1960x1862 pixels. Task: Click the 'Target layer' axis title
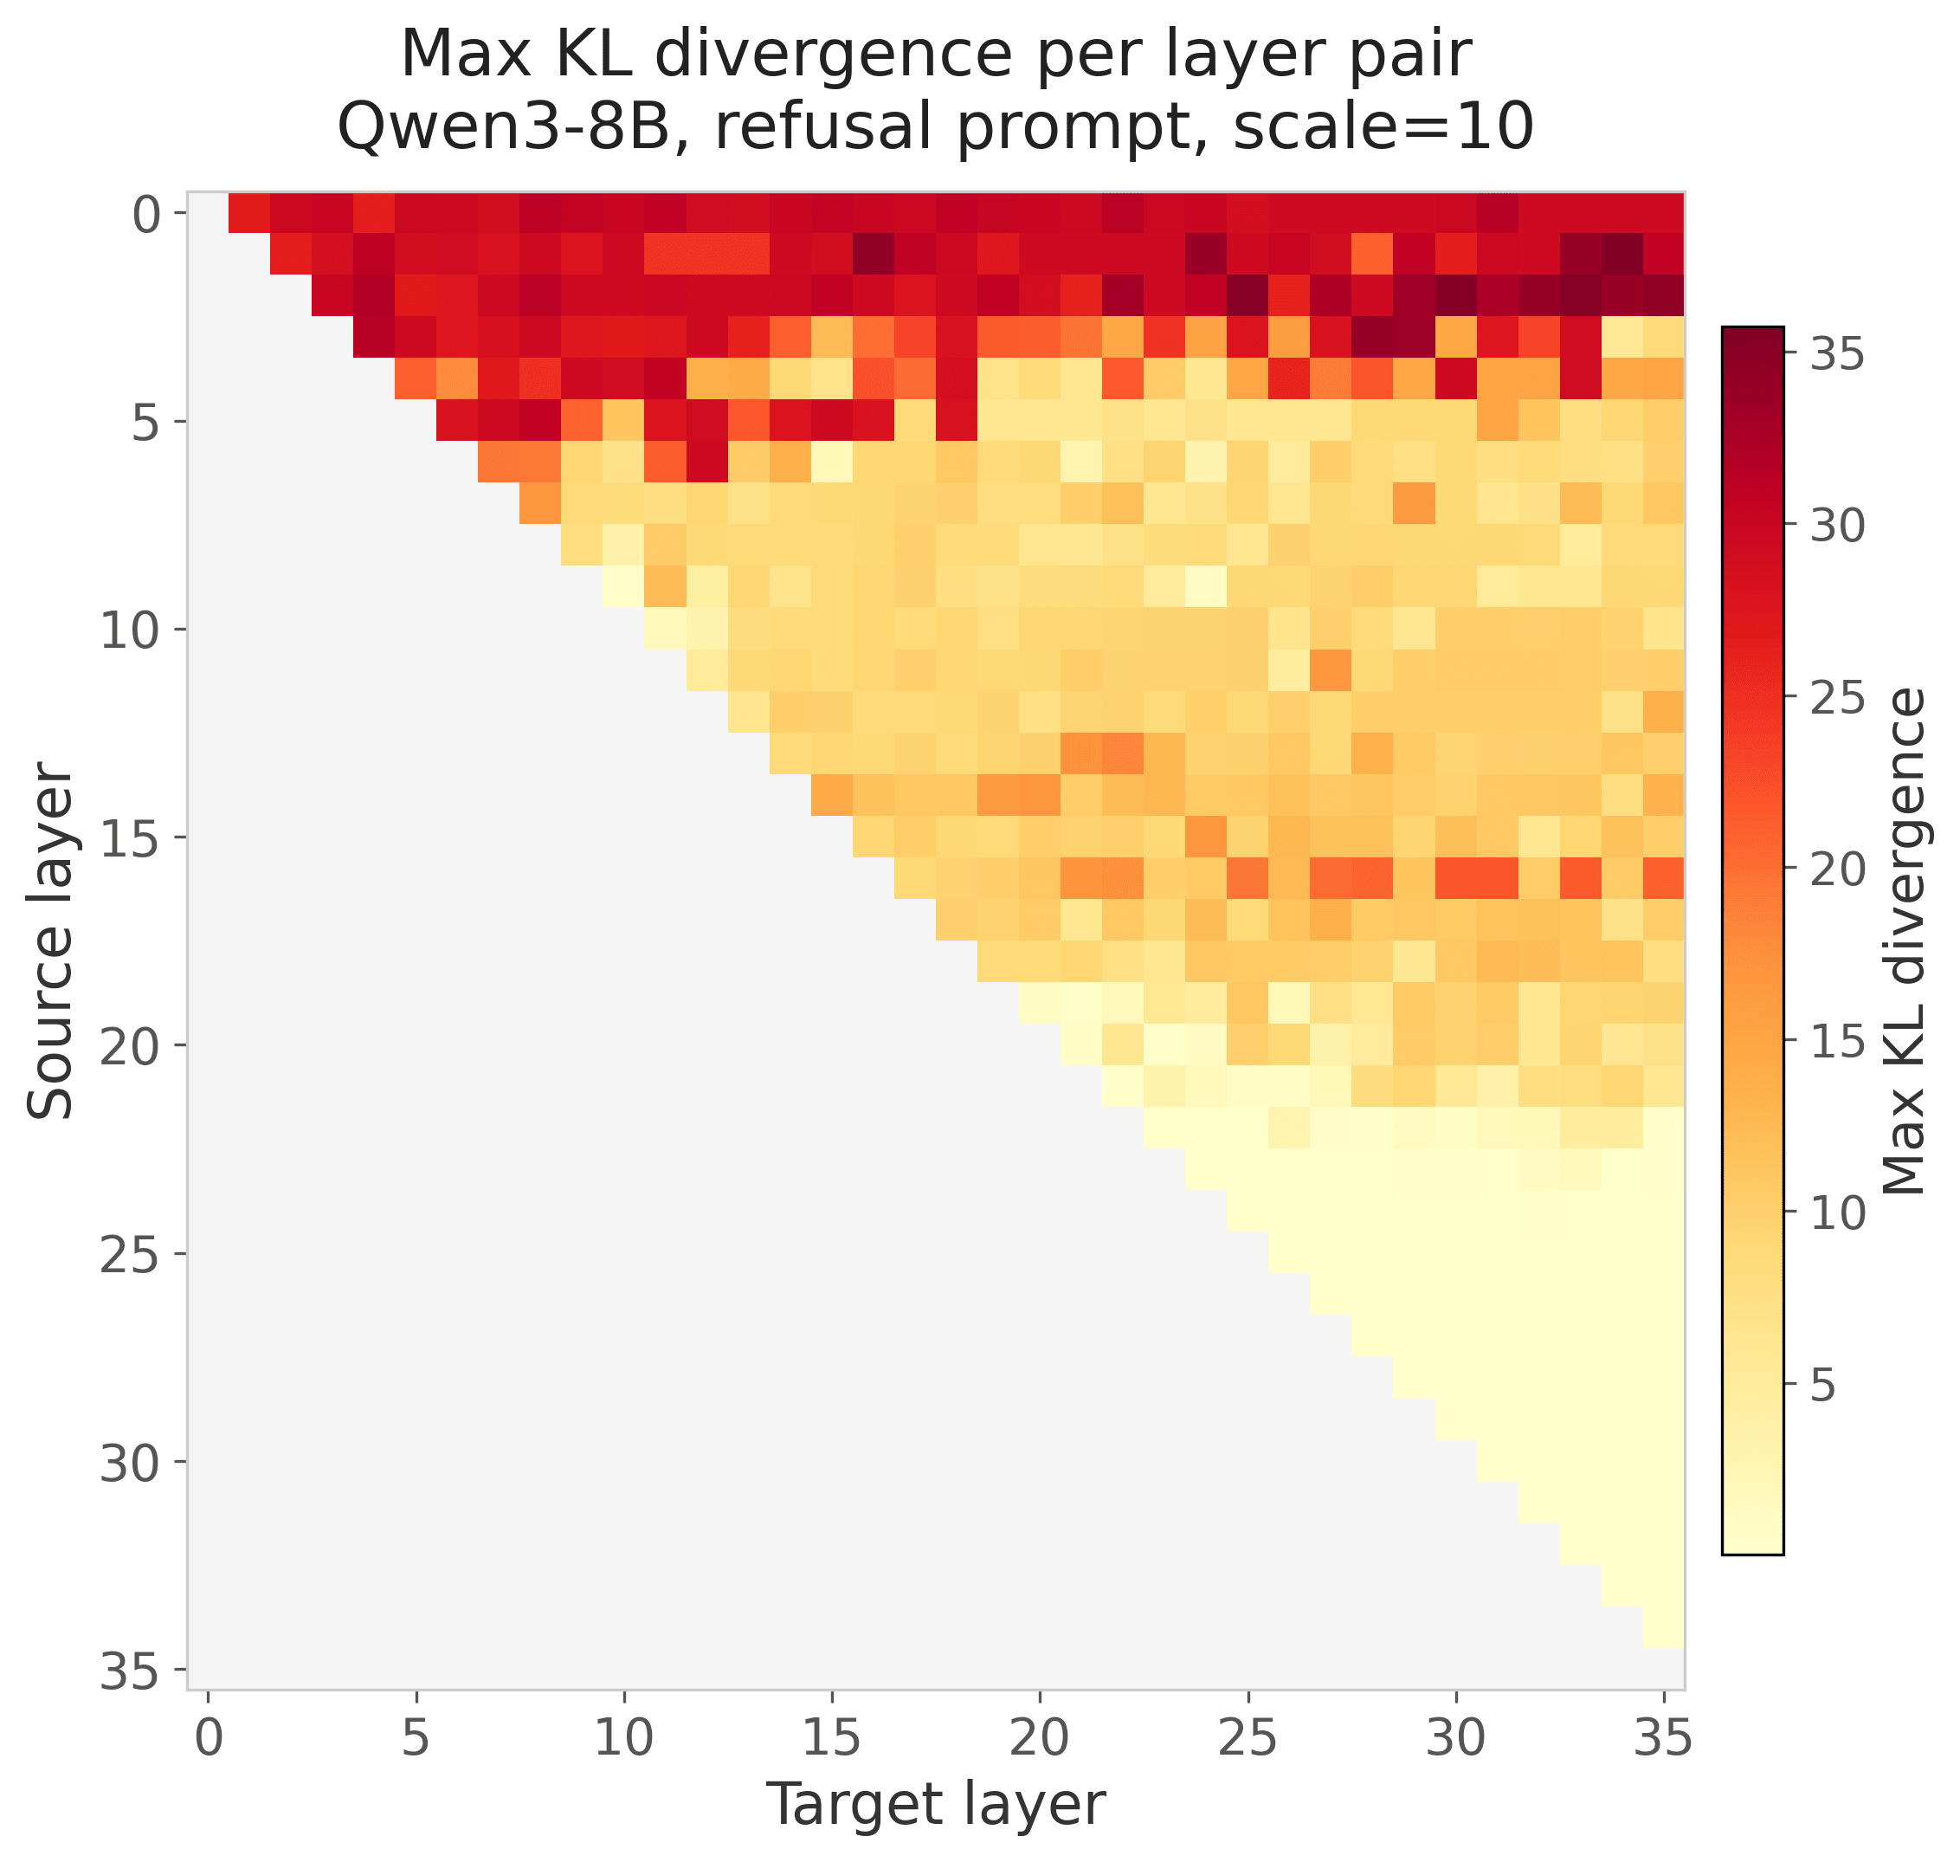[x=936, y=1803]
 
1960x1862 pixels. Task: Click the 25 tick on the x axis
[x=1248, y=1738]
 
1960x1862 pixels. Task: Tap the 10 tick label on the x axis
[x=623, y=1738]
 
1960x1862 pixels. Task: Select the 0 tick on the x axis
[x=208, y=1738]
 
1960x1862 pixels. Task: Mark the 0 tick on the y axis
[x=146, y=213]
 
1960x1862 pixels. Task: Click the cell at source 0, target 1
[x=249, y=212]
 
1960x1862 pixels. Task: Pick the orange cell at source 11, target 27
[x=1331, y=670]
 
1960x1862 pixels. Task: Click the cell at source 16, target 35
[x=1663, y=878]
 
